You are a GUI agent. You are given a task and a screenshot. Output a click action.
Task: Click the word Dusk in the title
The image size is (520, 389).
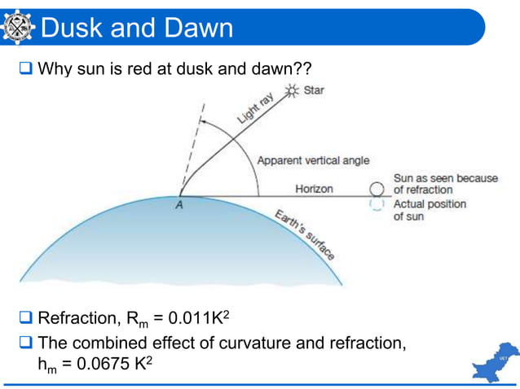[72, 28]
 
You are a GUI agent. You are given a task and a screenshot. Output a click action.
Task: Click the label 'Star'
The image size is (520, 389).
[313, 90]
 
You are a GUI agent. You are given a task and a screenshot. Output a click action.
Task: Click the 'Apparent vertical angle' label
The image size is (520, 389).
[313, 160]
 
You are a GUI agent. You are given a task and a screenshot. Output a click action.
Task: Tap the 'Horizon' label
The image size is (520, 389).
[314, 189]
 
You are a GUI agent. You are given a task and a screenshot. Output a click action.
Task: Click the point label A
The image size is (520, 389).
[178, 206]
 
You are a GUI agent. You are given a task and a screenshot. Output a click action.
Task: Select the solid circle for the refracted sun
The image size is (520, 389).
[377, 189]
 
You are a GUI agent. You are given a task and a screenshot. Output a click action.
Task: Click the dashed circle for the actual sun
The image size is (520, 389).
[377, 205]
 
